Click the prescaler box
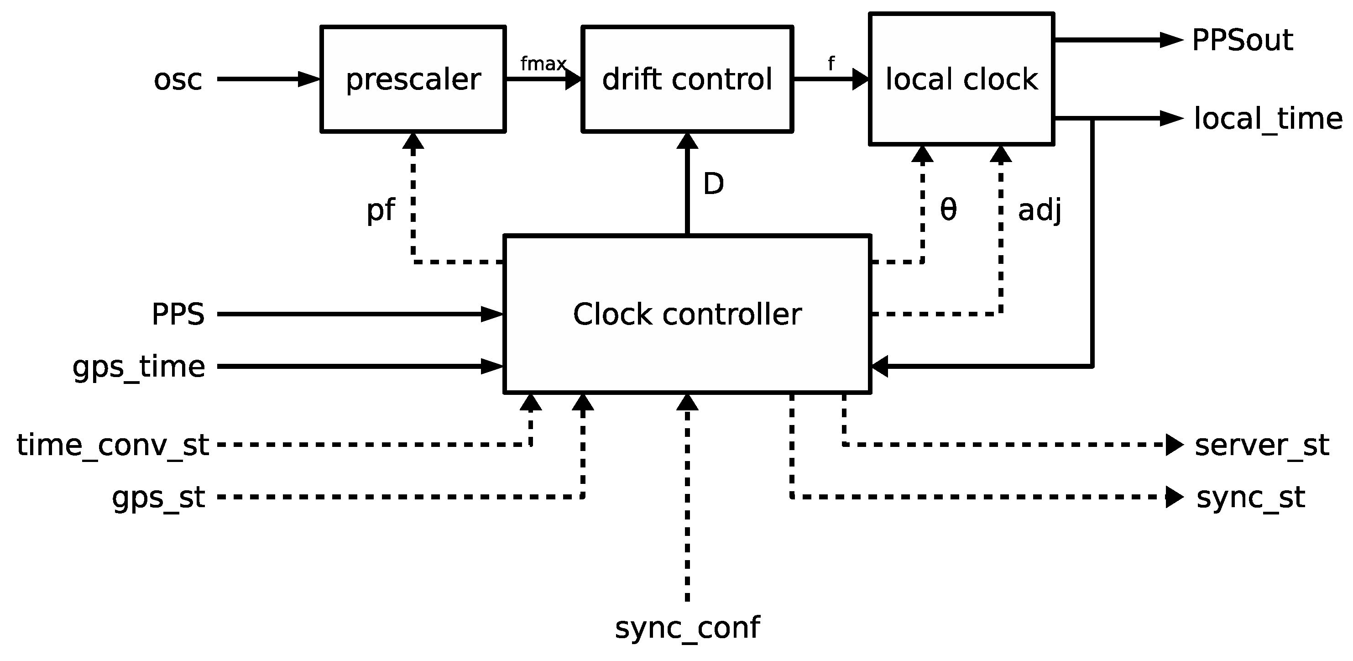(413, 79)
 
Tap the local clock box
(961, 79)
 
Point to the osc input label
(178, 80)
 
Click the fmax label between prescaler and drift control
(543, 63)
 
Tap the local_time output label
(1267, 119)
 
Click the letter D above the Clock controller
(713, 184)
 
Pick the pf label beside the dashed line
(380, 210)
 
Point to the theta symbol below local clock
(948, 210)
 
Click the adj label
(1040, 210)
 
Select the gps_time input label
(139, 367)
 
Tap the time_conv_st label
(113, 445)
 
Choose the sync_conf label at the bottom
(687, 627)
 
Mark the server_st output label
(1262, 445)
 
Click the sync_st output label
(1250, 497)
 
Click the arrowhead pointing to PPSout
(1171, 40)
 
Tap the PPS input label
(178, 314)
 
